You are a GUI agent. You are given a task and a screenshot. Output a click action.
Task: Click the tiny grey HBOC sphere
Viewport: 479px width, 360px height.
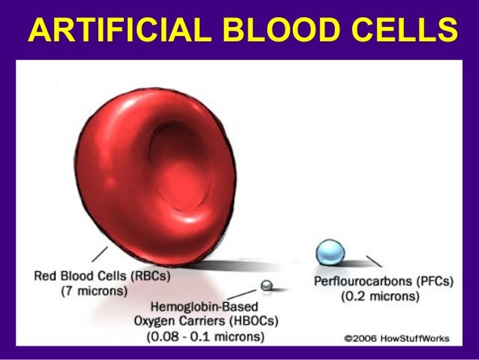pyautogui.click(x=266, y=286)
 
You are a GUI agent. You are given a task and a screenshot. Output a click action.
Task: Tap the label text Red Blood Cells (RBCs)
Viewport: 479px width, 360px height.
pyautogui.click(x=102, y=276)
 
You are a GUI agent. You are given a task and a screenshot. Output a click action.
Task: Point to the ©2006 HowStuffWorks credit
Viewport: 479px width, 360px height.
pyautogui.click(x=397, y=338)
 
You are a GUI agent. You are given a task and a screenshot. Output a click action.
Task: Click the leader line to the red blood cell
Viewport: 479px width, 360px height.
pyautogui.click(x=100, y=255)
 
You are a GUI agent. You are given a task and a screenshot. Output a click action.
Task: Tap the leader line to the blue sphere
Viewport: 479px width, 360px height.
pyautogui.click(x=373, y=262)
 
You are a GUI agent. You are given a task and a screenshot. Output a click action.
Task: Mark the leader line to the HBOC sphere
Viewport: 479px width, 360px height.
pyautogui.click(x=246, y=293)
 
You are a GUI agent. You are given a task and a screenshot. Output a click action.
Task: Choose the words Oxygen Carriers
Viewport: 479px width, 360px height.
pyautogui.click(x=172, y=322)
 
